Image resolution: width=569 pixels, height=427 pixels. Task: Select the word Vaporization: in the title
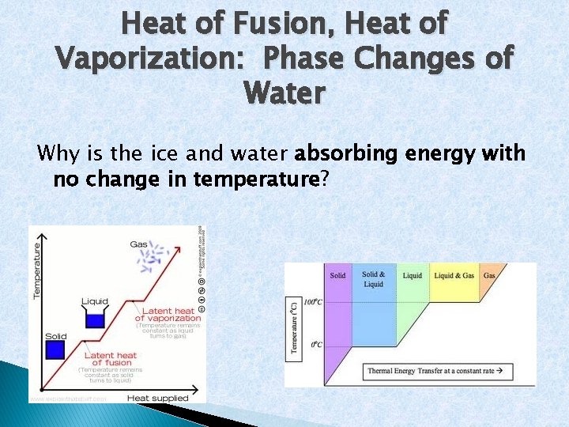click(150, 59)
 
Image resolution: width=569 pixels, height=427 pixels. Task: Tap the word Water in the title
click(284, 93)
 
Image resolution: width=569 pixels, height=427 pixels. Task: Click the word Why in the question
click(56, 153)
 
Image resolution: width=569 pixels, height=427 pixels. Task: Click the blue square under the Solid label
click(55, 350)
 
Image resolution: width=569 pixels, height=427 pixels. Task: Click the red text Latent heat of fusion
click(111, 359)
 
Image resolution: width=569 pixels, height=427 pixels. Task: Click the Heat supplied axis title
click(158, 397)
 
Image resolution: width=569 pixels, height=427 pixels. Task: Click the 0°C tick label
click(316, 345)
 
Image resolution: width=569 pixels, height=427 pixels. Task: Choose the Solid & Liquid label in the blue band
click(374, 279)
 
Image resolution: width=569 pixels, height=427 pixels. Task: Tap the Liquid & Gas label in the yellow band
click(454, 275)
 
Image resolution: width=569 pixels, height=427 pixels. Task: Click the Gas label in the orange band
click(490, 275)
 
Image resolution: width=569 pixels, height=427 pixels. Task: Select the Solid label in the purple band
click(337, 275)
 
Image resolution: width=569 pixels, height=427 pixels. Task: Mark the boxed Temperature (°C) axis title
click(293, 326)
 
